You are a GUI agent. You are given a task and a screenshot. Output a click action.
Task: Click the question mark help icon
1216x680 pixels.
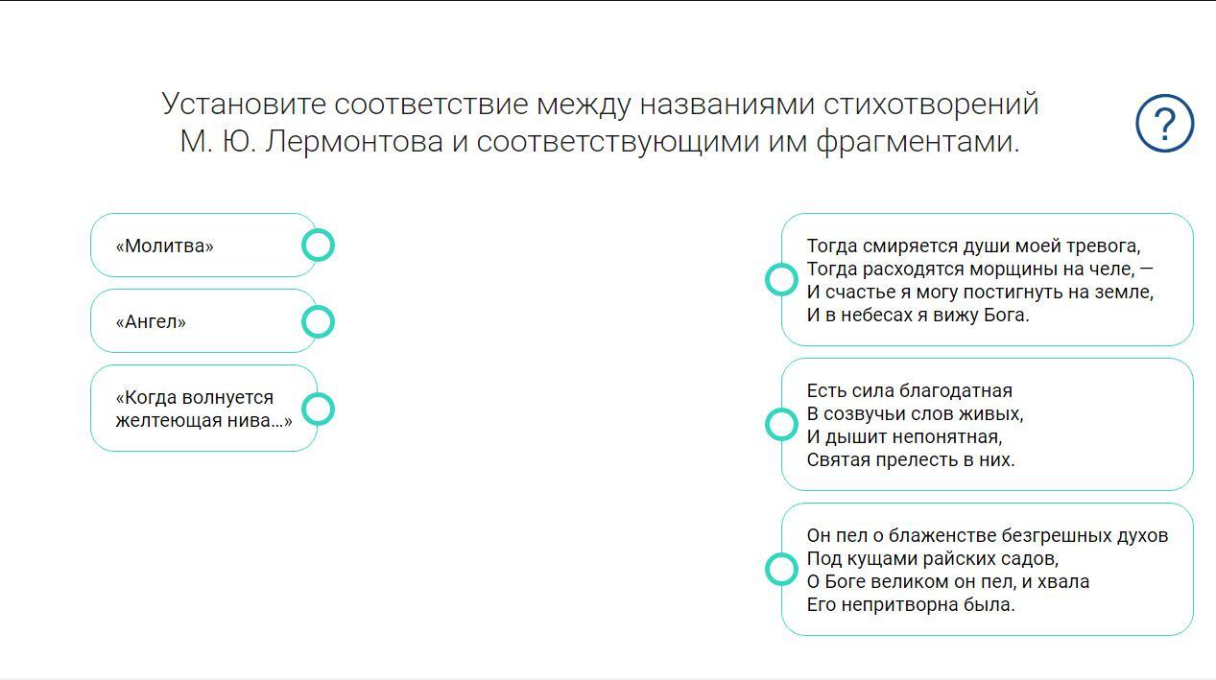click(x=1165, y=123)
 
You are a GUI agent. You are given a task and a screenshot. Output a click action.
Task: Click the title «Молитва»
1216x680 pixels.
click(x=164, y=246)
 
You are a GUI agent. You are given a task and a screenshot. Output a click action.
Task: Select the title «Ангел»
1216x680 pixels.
click(x=151, y=322)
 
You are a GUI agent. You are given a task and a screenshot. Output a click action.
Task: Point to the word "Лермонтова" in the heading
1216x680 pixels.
click(x=354, y=142)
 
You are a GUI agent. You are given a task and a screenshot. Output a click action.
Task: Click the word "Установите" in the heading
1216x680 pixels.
click(x=243, y=104)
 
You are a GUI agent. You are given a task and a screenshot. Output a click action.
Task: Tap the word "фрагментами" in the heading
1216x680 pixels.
click(x=918, y=142)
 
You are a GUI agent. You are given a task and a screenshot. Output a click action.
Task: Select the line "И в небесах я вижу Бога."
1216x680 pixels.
click(x=918, y=315)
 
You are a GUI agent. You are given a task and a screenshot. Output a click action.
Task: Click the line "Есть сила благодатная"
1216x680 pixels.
click(x=909, y=390)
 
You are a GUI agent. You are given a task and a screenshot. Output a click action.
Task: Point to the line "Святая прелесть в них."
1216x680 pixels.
click(x=911, y=460)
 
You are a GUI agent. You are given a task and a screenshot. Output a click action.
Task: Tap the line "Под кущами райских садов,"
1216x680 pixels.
click(x=933, y=558)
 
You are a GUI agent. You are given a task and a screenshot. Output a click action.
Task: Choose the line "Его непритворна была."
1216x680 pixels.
click(x=911, y=604)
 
